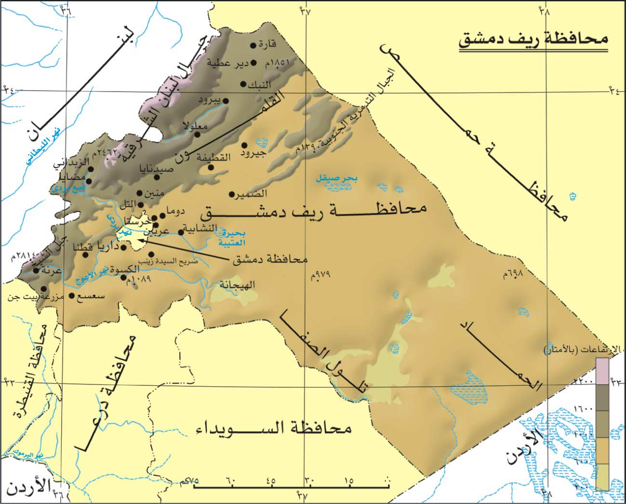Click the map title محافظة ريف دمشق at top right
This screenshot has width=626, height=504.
(x=533, y=40)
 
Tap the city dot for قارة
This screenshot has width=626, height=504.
(x=253, y=45)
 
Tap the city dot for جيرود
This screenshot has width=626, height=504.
(x=244, y=145)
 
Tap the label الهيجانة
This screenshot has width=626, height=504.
(x=237, y=285)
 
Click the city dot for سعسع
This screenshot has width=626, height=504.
(x=72, y=296)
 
